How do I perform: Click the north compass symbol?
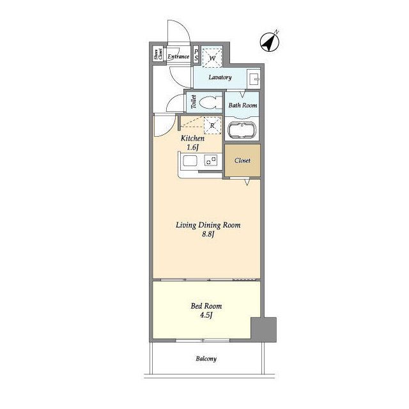coord(270,42)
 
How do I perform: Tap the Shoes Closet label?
coord(158,54)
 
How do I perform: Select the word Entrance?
coord(178,57)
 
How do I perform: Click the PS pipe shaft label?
coord(196,55)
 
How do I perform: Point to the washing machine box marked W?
coord(212,58)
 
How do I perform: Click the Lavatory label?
coord(220,77)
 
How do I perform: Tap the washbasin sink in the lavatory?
coord(254,78)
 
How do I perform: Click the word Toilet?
coord(193,102)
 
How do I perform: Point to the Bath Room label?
coord(243,105)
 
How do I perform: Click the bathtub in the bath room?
coord(242,130)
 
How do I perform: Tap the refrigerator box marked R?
coord(212,125)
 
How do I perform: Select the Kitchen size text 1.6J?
coord(192,148)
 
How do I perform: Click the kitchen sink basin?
coord(190,160)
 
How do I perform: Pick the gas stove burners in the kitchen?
coord(211,160)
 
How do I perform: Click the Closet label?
coord(242,160)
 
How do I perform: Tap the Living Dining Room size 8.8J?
coord(208,235)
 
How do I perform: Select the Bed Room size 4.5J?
coord(206,315)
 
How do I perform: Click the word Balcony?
coord(206,359)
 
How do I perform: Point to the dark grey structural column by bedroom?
coord(263,330)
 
